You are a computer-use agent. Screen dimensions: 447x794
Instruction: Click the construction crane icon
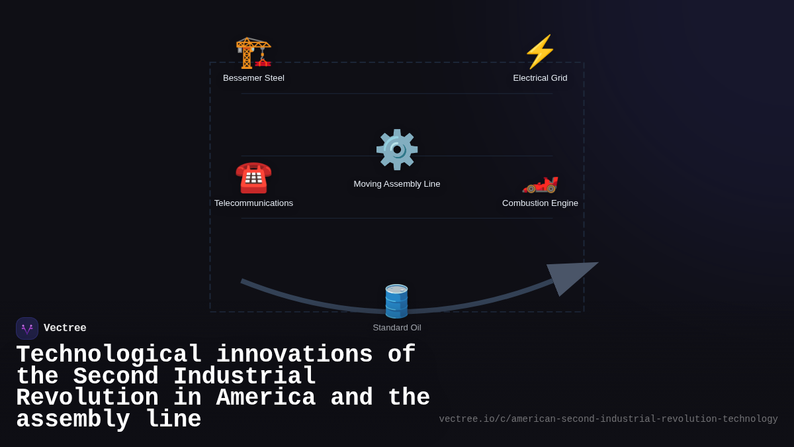[x=253, y=52]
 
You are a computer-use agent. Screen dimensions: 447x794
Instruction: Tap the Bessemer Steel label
[x=253, y=78]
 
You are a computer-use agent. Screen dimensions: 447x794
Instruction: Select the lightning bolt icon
[x=540, y=52]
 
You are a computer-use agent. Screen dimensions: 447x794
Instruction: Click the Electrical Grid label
[x=540, y=78]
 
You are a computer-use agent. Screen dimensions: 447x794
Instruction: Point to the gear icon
[x=397, y=150]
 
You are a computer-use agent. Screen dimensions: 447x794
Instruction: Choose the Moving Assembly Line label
[x=397, y=184]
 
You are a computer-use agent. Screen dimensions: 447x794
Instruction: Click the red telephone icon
[x=253, y=177]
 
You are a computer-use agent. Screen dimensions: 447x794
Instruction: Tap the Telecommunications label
[x=253, y=203]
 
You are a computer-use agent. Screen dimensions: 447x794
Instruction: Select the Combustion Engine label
[x=540, y=203]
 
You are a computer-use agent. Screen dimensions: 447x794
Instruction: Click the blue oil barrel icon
[x=397, y=301]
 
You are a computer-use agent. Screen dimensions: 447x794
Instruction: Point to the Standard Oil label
[x=397, y=328]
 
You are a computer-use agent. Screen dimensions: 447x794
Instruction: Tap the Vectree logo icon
[x=27, y=328]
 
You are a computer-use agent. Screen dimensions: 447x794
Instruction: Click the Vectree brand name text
[x=65, y=328]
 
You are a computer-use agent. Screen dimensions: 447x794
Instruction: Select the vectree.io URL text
[x=608, y=419]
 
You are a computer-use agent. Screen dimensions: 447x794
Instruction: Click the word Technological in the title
[x=109, y=355]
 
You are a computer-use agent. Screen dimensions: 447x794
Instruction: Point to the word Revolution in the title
[x=87, y=398]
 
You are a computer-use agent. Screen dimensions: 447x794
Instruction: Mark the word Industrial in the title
[x=245, y=377]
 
